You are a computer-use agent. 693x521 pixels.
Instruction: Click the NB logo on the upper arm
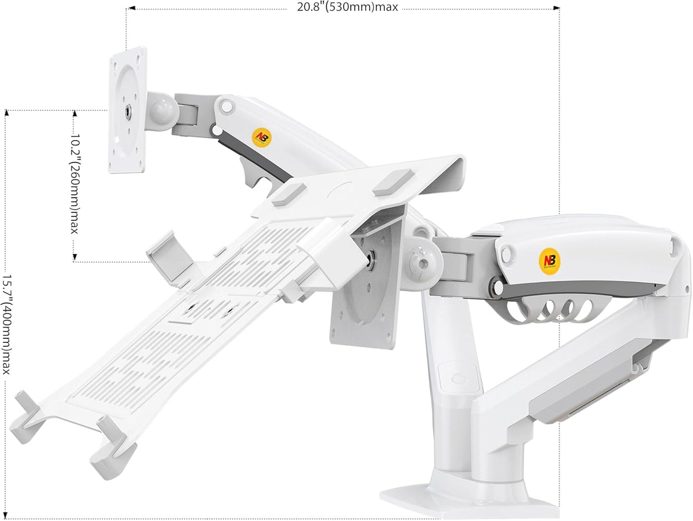[260, 137]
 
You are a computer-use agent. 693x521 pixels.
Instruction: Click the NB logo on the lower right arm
[548, 257]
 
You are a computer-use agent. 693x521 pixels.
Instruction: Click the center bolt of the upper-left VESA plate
[127, 111]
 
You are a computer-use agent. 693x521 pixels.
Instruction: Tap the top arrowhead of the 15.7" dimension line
[7, 113]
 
